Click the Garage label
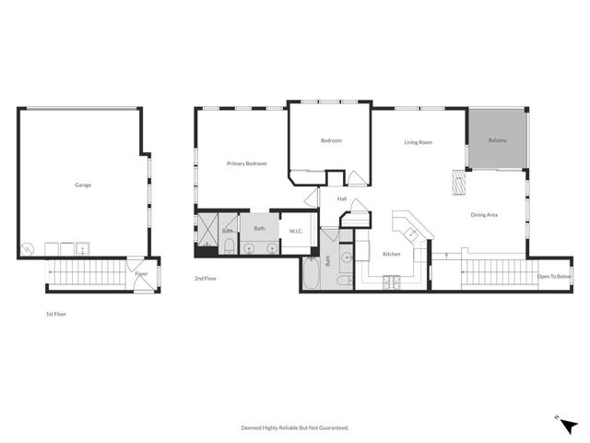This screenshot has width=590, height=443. pos(83,185)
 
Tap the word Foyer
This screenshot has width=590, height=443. pos(141,274)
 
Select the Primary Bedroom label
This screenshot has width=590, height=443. pos(247,163)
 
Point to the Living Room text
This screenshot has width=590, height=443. pos(419,142)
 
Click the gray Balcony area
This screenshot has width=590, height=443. pos(497,140)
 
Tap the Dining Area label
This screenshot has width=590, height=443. pos(484,215)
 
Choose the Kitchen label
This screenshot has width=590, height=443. pos(392,254)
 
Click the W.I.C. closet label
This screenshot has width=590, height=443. pos(296,231)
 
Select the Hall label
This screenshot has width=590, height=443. pos(341,198)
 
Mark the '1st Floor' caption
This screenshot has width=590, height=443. pos(56,314)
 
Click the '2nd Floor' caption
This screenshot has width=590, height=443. pos(205,278)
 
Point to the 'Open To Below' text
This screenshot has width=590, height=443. pos(554,276)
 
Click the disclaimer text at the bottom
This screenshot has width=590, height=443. pos(295,427)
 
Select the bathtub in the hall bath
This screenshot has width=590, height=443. pos(313,275)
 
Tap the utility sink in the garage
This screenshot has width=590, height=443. pos(83,247)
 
